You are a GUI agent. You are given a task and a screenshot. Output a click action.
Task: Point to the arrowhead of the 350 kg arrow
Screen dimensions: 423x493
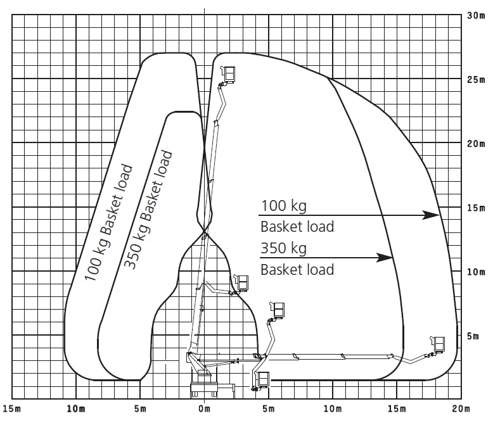(x=385, y=257)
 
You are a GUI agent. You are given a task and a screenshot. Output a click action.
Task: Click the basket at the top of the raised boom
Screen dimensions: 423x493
(x=229, y=74)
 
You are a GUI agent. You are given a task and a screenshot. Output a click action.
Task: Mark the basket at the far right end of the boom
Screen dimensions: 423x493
(x=438, y=343)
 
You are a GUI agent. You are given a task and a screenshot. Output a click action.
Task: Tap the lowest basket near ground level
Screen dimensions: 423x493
(x=263, y=379)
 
